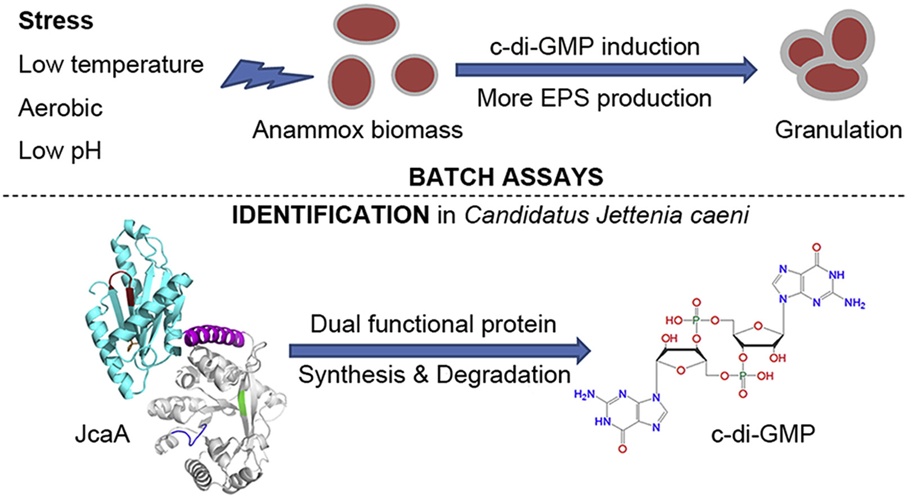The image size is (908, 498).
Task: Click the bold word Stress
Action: [x=56, y=21]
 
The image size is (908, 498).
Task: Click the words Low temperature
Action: [x=111, y=65]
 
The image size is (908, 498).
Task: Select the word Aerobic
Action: [x=61, y=108]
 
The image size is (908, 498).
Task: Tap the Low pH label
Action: [x=60, y=151]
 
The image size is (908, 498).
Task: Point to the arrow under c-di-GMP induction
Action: [x=605, y=70]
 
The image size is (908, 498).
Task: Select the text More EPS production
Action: [x=594, y=98]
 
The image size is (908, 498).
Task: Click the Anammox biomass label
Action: [x=357, y=130]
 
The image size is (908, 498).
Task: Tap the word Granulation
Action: [x=838, y=130]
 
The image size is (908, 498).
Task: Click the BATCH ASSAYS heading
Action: [x=506, y=178]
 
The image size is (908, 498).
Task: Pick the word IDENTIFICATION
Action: [x=331, y=215]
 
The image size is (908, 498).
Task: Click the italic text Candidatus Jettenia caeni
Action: [x=606, y=215]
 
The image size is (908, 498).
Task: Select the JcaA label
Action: [x=102, y=434]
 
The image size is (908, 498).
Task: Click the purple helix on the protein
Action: [x=215, y=336]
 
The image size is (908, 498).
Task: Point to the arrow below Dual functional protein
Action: [x=439, y=351]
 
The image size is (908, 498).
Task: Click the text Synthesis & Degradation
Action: [x=434, y=375]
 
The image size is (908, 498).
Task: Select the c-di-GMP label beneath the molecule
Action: [x=763, y=434]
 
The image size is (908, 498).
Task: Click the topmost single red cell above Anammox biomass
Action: [x=366, y=25]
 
